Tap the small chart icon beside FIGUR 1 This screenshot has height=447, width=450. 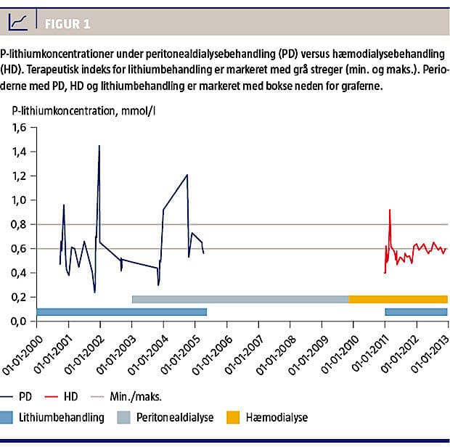(x=19, y=23)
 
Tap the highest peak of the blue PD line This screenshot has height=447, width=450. (x=99, y=146)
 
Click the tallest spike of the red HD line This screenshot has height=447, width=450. (x=390, y=210)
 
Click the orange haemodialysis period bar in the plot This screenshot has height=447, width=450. (x=398, y=299)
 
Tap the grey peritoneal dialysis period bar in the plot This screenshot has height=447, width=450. (x=240, y=299)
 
